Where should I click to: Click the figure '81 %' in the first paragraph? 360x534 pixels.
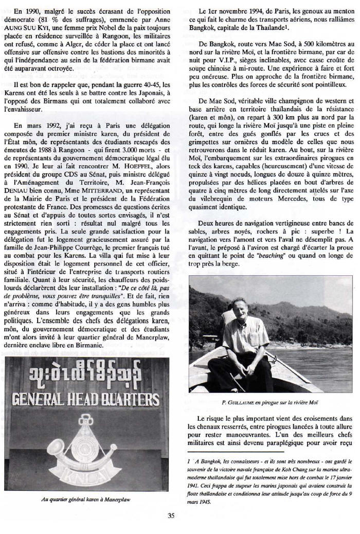48,19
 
